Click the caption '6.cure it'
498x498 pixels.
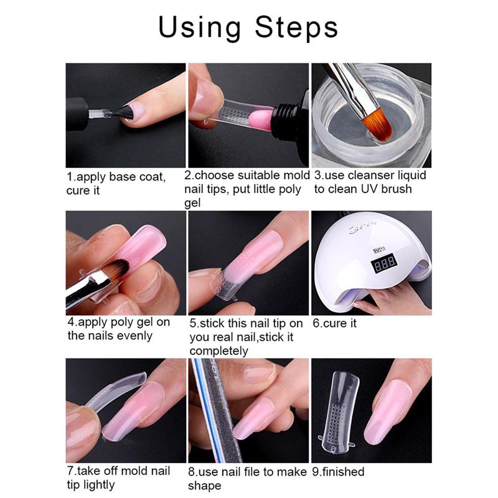(x=339, y=324)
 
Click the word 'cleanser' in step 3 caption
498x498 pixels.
(x=373, y=176)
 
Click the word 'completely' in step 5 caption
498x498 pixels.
(x=218, y=350)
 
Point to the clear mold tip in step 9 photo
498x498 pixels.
(x=339, y=411)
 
